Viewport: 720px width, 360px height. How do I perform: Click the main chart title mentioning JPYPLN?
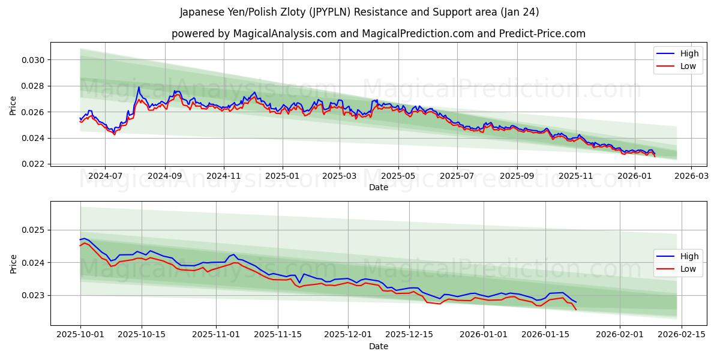[359, 12]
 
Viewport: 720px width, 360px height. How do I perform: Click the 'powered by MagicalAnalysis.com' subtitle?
[378, 34]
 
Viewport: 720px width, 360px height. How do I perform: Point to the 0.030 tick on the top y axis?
[34, 60]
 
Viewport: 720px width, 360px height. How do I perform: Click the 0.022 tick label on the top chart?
[34, 164]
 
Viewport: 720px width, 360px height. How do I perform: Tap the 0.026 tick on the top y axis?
[34, 112]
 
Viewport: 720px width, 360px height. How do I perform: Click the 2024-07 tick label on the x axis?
[105, 176]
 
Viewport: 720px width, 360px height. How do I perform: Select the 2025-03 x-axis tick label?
[340, 176]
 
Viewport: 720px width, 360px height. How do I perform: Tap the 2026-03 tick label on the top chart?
[691, 176]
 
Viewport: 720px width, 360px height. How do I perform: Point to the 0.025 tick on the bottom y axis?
[34, 230]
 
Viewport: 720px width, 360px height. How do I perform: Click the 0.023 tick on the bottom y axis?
[34, 296]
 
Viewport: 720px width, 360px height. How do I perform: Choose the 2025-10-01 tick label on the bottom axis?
[80, 335]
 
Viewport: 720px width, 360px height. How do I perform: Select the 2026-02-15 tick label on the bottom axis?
[682, 335]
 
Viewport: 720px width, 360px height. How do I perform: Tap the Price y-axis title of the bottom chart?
[13, 263]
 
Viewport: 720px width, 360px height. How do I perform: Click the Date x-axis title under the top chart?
[378, 187]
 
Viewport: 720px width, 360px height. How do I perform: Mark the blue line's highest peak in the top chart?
[139, 87]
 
